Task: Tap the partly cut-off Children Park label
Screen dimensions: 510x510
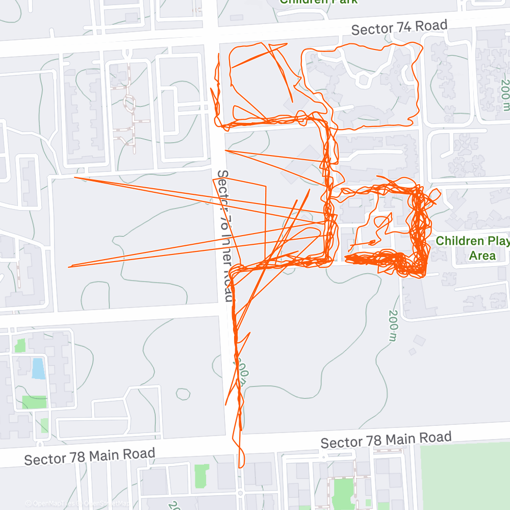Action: click(x=319, y=2)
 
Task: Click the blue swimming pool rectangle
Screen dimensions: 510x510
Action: click(x=38, y=368)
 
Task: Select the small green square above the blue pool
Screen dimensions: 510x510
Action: click(x=19, y=345)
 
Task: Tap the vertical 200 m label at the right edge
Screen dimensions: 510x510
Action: click(x=504, y=94)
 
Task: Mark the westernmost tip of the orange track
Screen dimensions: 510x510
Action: click(x=69, y=266)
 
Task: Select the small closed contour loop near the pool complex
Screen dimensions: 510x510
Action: click(x=183, y=394)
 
